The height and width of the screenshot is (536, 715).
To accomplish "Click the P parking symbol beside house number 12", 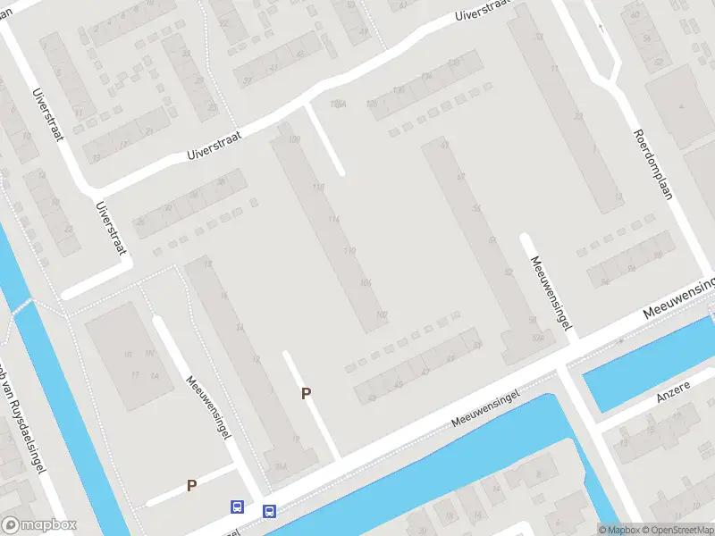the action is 306,393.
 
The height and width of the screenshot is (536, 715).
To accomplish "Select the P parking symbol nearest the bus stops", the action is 190,485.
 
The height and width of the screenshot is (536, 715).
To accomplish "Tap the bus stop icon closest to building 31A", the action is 269,511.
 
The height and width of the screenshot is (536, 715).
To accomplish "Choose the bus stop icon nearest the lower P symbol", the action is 237,507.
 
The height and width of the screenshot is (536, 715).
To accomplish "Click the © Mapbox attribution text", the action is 619,530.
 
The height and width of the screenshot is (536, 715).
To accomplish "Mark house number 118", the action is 319,188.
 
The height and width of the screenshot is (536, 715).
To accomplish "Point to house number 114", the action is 334,220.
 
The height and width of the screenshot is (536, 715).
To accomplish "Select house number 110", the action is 349,252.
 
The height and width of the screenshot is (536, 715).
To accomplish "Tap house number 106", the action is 365,283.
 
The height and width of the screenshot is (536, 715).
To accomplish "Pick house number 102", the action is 382,314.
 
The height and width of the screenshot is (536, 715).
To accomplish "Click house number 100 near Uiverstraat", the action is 294,141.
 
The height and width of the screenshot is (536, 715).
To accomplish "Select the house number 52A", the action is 537,338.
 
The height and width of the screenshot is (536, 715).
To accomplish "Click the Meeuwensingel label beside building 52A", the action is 549,292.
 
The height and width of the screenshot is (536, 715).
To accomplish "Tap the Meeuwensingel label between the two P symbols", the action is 208,406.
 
